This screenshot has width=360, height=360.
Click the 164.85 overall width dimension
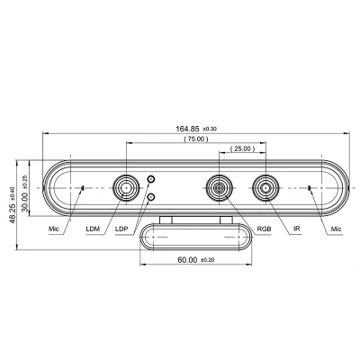coord(187,129)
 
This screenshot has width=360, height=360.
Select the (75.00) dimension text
coord(196,139)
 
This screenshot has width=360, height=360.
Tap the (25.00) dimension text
coord(242,148)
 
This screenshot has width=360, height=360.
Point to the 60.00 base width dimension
coord(187,260)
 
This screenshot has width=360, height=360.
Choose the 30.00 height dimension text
coord(25,202)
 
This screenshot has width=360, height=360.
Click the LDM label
coord(93,229)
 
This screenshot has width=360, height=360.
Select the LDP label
coord(121,229)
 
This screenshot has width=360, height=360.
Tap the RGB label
coord(265,229)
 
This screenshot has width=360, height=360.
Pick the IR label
coord(297,229)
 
